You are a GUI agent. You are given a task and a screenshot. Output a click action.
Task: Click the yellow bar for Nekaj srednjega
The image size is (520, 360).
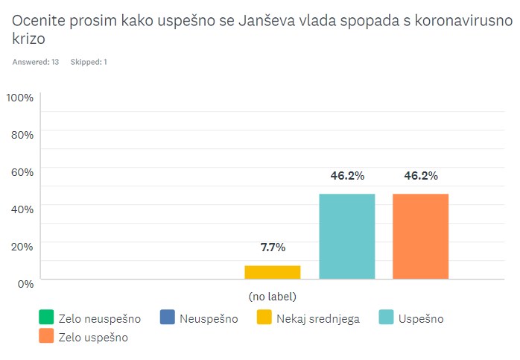(x=272, y=272)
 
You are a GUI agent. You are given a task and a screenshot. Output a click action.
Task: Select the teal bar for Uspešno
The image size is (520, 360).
(x=346, y=236)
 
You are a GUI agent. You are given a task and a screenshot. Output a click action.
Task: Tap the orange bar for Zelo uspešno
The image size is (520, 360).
(x=421, y=236)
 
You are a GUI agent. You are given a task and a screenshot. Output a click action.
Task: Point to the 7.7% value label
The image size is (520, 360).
(x=272, y=247)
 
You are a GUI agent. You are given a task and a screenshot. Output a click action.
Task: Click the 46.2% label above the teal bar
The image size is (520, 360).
(x=346, y=176)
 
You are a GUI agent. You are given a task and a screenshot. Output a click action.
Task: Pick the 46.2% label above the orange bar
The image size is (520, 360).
(x=421, y=176)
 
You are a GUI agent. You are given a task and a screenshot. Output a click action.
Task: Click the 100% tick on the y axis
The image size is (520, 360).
(x=20, y=98)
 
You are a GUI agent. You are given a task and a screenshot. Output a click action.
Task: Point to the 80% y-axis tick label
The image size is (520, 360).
(x=22, y=135)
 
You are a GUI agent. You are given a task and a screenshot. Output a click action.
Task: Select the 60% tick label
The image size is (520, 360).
(x=22, y=172)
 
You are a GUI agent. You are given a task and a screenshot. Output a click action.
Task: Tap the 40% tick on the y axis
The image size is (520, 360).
(x=22, y=209)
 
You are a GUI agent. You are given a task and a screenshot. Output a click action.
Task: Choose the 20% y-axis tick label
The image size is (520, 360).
(x=22, y=246)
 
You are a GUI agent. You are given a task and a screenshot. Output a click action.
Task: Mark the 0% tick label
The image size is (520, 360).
(x=25, y=283)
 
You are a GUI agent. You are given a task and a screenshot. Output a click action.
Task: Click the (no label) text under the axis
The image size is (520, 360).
(x=273, y=296)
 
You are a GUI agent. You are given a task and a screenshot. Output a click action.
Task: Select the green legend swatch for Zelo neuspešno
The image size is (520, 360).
(x=46, y=318)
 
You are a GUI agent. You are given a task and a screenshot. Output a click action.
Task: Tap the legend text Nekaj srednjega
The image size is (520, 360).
(x=318, y=319)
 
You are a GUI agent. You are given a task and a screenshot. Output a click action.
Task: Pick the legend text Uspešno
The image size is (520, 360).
(x=421, y=319)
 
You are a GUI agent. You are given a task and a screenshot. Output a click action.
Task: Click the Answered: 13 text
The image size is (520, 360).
(x=36, y=62)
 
